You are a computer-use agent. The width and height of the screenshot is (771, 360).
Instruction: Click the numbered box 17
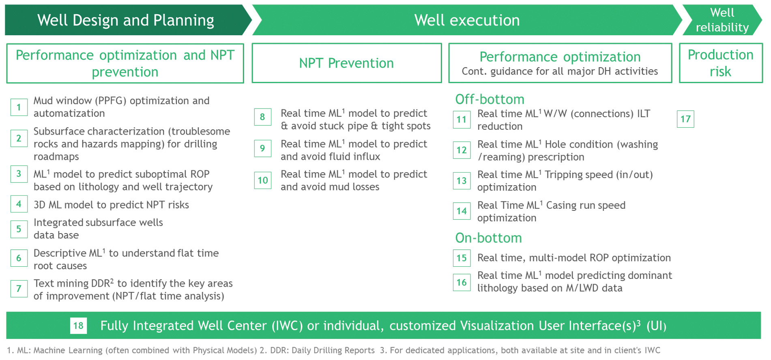[x=685, y=119]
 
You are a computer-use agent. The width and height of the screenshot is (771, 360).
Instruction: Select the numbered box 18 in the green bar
[x=78, y=326]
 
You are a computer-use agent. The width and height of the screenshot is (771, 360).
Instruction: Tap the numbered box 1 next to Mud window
[x=19, y=107]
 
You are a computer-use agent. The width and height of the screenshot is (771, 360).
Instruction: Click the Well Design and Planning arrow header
[x=126, y=20]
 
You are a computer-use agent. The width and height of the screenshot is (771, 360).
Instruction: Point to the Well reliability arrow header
[x=722, y=20]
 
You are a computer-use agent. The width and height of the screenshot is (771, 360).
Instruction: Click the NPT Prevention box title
[x=346, y=63]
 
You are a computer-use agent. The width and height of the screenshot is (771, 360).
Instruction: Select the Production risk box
[x=720, y=63]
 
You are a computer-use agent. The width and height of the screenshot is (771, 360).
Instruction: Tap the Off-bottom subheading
[x=490, y=99]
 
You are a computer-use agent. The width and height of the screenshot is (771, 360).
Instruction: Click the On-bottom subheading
[x=488, y=238]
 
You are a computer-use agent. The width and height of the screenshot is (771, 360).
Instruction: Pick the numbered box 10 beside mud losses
[x=263, y=180]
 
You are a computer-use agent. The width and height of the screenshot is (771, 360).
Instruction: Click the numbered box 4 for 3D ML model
[x=19, y=204]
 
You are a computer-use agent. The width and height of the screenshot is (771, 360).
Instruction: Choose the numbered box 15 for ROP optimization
[x=462, y=258]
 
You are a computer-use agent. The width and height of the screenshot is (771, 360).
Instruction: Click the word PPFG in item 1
[x=111, y=101]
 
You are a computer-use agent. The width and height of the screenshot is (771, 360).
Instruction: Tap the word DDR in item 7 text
[x=99, y=283]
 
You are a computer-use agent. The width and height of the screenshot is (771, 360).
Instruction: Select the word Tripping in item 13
[x=561, y=175]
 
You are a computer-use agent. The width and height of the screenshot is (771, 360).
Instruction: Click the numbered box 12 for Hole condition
[x=462, y=150]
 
